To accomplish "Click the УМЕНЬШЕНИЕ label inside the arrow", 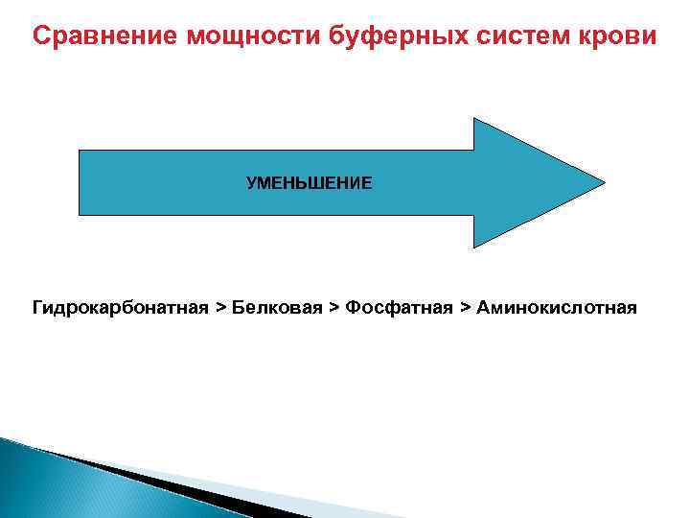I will (x=309, y=182).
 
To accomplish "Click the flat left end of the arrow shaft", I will (x=80, y=182).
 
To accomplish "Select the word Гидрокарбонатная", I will (x=120, y=308).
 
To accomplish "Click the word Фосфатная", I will (x=399, y=308).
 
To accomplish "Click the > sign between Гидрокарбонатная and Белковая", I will (x=221, y=308).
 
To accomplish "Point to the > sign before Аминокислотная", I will (x=465, y=308).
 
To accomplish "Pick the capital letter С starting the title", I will (x=40, y=36).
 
